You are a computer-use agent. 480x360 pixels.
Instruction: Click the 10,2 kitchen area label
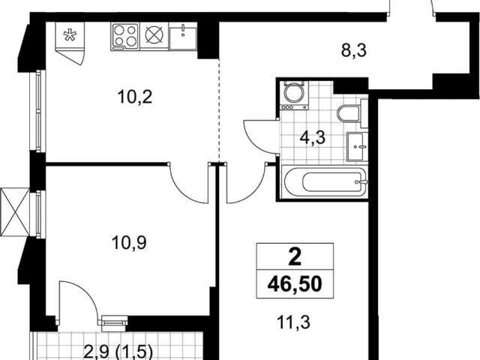[135, 97]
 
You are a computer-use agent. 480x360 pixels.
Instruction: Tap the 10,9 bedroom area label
[129, 242]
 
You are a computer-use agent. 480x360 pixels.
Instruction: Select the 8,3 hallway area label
[354, 50]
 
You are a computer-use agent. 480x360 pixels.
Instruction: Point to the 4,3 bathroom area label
[313, 138]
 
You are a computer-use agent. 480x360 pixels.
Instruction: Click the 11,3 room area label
[293, 322]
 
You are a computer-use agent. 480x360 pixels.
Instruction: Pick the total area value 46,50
[295, 284]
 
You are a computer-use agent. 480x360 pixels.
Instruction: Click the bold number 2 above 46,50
[295, 257]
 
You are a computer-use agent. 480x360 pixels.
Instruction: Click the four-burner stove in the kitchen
[125, 37]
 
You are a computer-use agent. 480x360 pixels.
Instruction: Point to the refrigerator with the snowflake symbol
[70, 43]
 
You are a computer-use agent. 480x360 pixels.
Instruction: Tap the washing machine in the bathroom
[294, 95]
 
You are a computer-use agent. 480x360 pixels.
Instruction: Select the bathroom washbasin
[357, 147]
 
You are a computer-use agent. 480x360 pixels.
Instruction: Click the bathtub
[325, 182]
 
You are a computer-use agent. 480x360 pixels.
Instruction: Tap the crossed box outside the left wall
[15, 212]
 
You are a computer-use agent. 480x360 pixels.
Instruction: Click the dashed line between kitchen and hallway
[219, 110]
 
